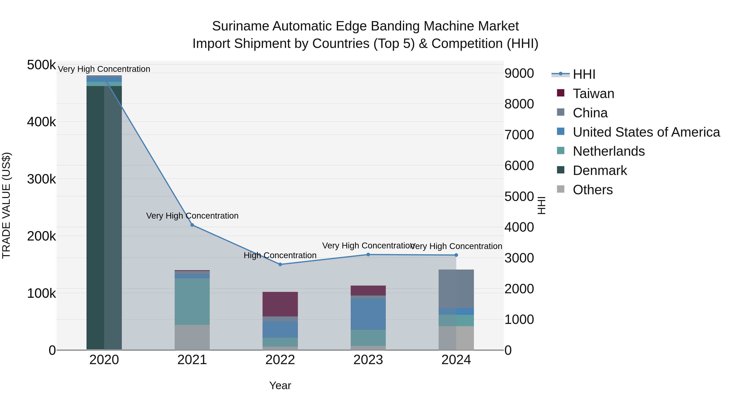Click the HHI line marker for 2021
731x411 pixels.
(x=192, y=225)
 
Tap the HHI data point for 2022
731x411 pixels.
(x=280, y=264)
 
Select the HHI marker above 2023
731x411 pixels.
(x=368, y=255)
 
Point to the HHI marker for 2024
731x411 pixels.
(x=456, y=255)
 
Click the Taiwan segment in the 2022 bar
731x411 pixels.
(x=280, y=304)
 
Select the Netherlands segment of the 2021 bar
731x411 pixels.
(x=192, y=302)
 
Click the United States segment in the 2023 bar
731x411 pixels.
(x=368, y=314)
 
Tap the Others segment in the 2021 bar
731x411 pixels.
(x=192, y=337)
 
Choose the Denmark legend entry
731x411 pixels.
(x=600, y=170)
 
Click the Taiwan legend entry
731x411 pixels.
(x=593, y=94)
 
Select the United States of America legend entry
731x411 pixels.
(x=646, y=132)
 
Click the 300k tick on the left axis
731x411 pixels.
(x=41, y=179)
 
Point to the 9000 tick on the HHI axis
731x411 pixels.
(x=519, y=73)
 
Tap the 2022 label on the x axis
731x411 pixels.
(x=280, y=360)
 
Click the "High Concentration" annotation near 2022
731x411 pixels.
(x=280, y=255)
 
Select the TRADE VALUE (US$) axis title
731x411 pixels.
(x=6, y=205)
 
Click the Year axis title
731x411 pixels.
(x=280, y=385)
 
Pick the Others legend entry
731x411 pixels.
(x=593, y=190)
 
